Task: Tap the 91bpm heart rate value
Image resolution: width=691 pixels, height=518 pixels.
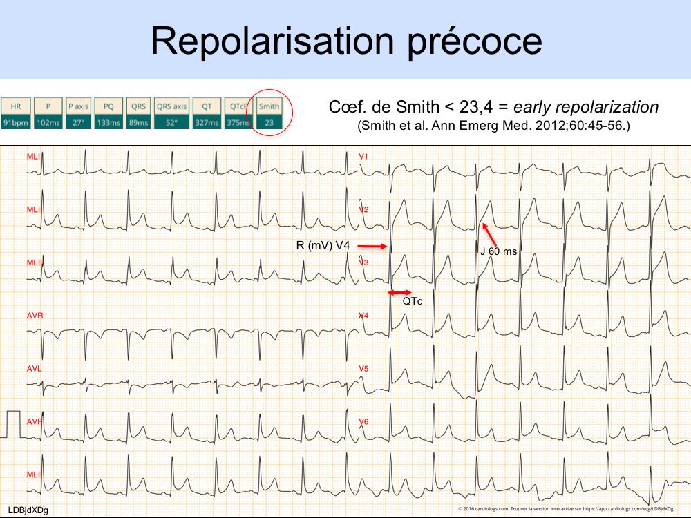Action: [14, 123]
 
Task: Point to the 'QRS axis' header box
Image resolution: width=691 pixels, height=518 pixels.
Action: [172, 107]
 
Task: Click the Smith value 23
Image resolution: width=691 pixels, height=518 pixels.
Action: [269, 123]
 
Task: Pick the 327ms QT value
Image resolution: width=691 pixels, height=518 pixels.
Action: [207, 123]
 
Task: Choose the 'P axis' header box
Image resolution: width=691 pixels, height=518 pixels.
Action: [78, 107]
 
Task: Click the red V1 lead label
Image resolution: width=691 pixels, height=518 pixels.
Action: [363, 157]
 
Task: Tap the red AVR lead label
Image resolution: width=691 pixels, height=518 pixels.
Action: [35, 316]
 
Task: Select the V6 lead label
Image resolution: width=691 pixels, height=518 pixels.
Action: [363, 421]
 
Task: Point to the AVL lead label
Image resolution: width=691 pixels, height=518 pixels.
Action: [35, 369]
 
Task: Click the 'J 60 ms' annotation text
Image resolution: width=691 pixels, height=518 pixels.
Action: [498, 251]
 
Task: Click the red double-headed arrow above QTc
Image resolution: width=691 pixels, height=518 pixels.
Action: [400, 292]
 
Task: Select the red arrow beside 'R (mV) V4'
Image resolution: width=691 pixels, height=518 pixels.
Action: [373, 245]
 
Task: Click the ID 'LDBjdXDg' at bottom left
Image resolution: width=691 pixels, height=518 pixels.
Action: [28, 510]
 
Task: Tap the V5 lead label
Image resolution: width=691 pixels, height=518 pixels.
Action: [363, 369]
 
